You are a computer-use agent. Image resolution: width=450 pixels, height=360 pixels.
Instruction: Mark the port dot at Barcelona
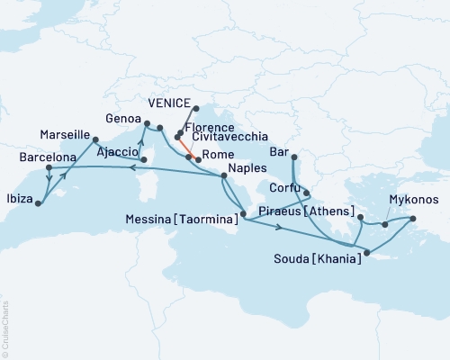click(48, 167)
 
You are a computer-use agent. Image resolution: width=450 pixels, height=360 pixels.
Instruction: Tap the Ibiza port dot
click(38, 203)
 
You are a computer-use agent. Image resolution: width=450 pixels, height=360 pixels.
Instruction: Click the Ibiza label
click(17, 198)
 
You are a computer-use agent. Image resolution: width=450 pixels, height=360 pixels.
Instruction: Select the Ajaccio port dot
click(143, 160)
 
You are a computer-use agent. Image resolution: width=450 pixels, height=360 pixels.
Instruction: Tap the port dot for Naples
click(223, 176)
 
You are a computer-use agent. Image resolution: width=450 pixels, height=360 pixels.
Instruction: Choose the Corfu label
click(280, 190)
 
